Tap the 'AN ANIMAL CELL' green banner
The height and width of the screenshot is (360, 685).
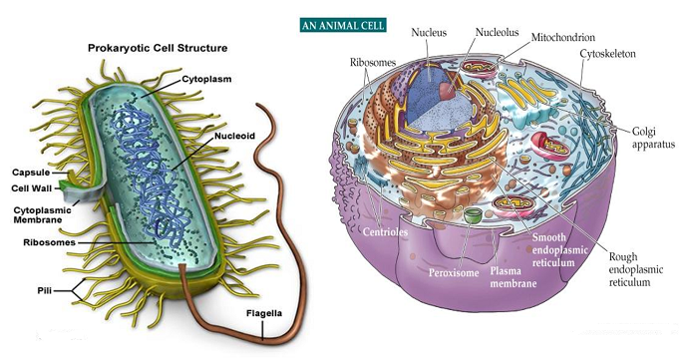click(x=344, y=23)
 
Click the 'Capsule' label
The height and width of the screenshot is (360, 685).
click(x=31, y=171)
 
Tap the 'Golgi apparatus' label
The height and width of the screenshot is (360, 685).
click(x=653, y=138)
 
